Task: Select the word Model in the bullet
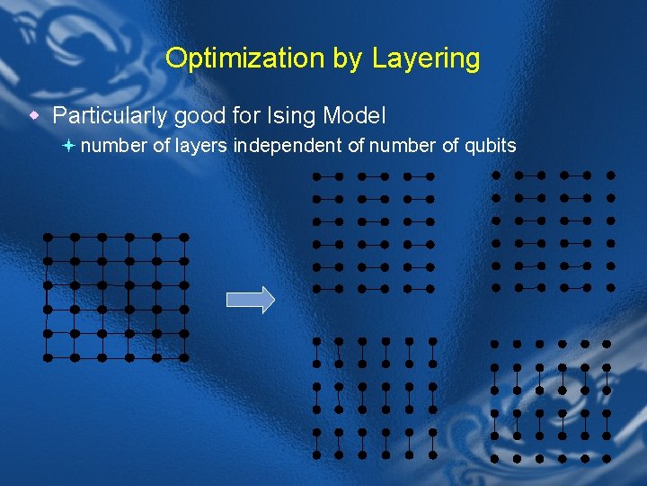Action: coord(354,116)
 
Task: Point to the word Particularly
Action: coord(109,116)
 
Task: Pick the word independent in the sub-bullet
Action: coord(288,146)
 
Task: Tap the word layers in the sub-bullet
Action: coord(201,146)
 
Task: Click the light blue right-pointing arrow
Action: coord(250,300)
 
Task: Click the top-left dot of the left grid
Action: coord(48,238)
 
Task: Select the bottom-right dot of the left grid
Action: coord(183,357)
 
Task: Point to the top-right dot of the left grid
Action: coord(183,238)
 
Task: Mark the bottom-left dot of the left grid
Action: coord(48,357)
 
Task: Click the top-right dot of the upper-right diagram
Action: coord(611,175)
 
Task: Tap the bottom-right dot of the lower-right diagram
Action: coord(607,457)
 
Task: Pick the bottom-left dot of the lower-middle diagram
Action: coord(316,455)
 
